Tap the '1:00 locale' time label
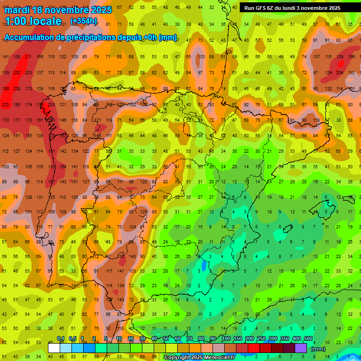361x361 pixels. point(33,21)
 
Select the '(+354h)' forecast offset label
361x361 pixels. point(84,21)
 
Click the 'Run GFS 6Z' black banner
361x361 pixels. point(292,8)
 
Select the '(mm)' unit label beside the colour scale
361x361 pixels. point(318,349)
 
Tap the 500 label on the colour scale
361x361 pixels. point(308,339)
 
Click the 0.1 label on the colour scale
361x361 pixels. point(61,339)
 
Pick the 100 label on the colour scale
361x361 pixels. point(226,339)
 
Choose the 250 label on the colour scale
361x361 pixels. point(261,339)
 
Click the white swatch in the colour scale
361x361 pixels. point(54,348)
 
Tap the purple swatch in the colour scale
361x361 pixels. point(301,348)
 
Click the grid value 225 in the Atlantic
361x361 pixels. point(6,104)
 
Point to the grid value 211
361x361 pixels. point(28,57)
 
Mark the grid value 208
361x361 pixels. point(17,88)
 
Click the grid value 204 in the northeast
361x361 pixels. point(339,72)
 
